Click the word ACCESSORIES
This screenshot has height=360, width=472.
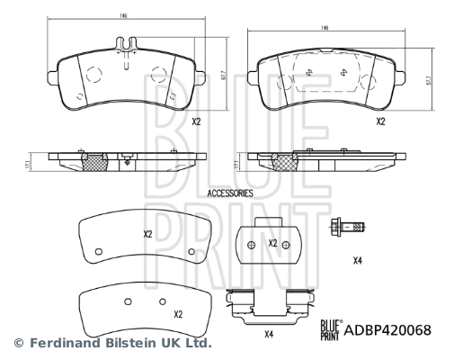[230, 193]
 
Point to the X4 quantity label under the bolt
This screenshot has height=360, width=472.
[357, 261]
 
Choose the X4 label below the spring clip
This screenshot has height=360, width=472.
[268, 335]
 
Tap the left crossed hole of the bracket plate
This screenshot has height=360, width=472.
[251, 244]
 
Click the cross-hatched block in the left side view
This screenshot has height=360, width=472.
[95, 161]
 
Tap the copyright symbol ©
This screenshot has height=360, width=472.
[17, 344]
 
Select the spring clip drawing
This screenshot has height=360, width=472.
[267, 306]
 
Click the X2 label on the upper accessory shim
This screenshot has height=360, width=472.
[148, 234]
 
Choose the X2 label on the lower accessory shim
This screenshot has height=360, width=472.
[177, 314]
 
